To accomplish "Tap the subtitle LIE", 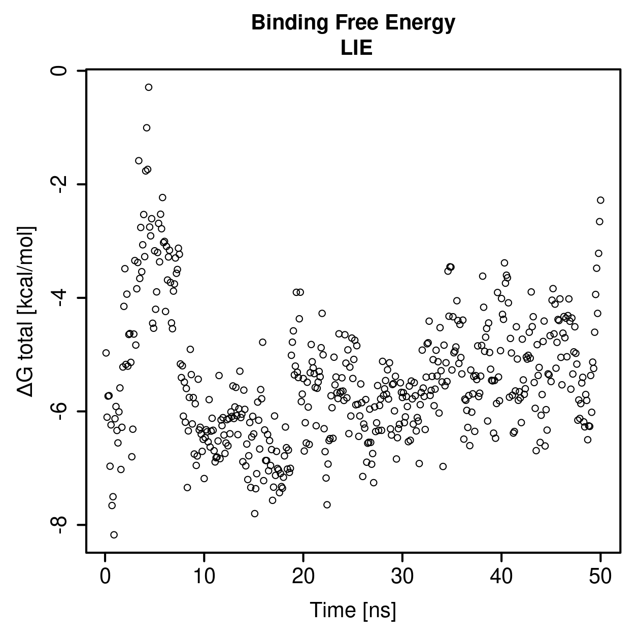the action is coord(356,48).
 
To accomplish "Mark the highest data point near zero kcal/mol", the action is coord(149,87).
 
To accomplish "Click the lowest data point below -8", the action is coord(114,535).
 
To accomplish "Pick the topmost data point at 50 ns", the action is coord(600,200).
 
